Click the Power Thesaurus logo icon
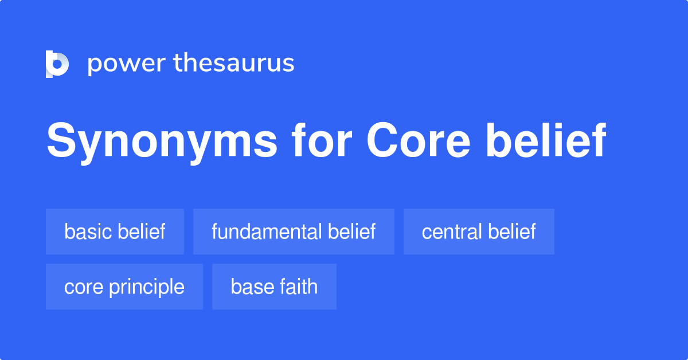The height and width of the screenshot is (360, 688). tap(57, 64)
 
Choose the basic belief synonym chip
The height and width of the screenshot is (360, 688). tap(115, 232)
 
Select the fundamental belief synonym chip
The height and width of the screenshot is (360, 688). tap(294, 232)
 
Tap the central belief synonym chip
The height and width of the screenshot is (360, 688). tap(479, 232)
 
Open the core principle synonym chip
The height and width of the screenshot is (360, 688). tap(124, 287)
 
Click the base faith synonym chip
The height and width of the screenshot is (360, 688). tap(274, 287)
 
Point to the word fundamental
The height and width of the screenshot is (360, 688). tap(267, 232)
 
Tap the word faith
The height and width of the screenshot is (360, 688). tap(298, 287)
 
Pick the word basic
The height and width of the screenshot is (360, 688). tap(88, 232)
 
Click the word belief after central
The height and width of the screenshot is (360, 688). tap(511, 232)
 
